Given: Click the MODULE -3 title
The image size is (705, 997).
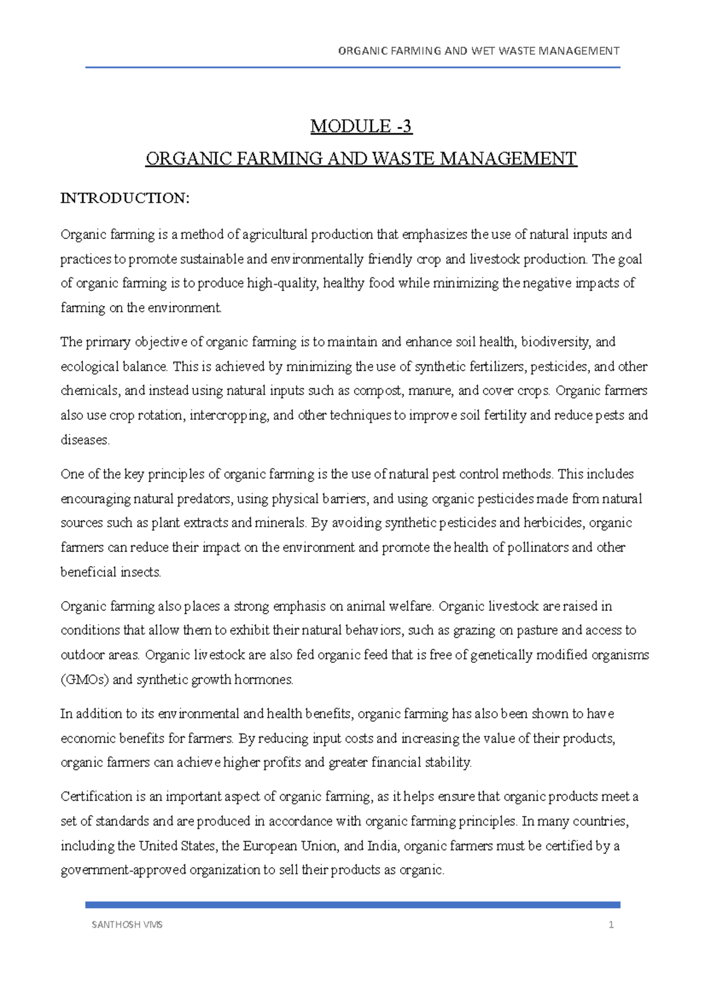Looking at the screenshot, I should coord(361,126).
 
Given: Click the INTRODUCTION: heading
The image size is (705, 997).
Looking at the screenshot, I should coord(125,198).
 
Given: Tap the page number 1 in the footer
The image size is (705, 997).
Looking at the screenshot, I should coord(611,925).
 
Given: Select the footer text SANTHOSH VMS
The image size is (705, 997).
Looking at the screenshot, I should coord(127,925).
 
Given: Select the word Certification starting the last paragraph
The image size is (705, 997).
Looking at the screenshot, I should coord(96,797).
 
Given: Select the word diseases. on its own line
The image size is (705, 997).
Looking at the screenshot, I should coord(85,440).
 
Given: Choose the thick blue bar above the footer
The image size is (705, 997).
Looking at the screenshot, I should coord(352,905).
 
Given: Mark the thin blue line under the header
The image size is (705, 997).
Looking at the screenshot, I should coord(352,68).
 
